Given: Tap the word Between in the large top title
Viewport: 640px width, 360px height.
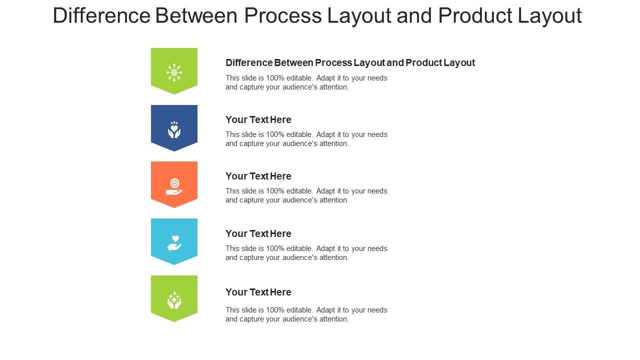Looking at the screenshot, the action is pos(196,15).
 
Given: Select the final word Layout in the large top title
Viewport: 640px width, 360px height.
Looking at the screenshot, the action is pos(549,15).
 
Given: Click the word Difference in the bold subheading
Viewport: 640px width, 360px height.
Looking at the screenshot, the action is pos(249,62).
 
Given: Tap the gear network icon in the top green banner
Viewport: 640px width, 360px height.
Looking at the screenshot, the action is pos(174,72).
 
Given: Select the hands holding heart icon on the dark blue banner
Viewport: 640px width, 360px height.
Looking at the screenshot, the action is pos(174,129).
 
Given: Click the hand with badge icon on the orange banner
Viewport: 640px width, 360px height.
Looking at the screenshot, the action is pos(174,187).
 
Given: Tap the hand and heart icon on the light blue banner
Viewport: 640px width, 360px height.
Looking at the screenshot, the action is pos(174,243).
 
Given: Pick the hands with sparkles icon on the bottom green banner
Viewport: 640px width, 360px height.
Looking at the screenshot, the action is pos(174,300).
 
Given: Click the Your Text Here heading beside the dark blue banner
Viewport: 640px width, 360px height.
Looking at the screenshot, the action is pos(258,119).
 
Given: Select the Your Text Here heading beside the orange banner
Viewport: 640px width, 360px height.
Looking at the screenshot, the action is pos(258,176).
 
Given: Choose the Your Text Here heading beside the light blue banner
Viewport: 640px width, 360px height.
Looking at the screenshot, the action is pos(258,233).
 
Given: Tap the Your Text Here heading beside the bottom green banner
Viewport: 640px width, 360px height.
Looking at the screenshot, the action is pos(258,292).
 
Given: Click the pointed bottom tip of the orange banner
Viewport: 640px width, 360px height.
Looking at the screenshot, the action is pos(174,207).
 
